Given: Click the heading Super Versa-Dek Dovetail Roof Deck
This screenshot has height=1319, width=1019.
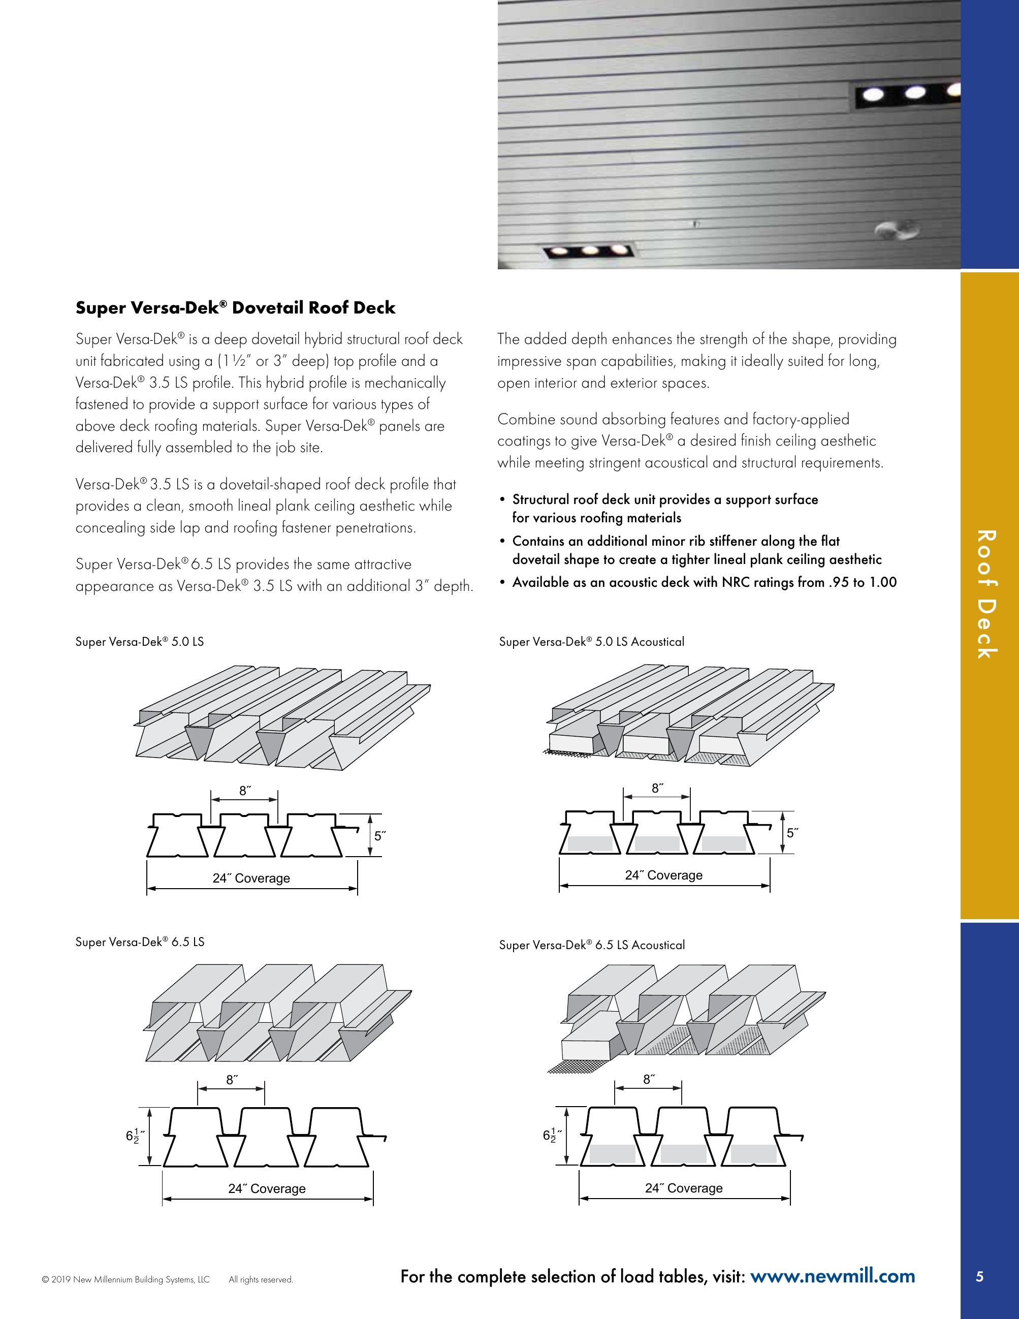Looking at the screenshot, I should pos(235,307).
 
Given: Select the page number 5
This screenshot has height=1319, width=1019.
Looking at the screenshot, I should pos(979,1276).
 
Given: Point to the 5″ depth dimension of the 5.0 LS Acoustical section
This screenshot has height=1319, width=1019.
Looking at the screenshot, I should pos(792,832).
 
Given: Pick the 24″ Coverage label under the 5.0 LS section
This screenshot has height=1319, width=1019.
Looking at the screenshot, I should pos(251,878).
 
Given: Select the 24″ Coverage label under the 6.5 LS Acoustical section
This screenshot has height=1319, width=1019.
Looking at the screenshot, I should pos(683,1188).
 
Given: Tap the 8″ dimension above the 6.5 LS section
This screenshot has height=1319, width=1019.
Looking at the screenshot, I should pos(232,1079).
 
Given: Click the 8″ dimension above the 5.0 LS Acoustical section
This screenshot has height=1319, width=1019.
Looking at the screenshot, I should pos(657,788).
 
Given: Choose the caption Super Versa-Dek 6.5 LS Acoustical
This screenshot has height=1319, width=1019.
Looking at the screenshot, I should pos(592,945).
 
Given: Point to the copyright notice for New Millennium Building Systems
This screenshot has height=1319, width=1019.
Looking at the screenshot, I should pos(125,1279).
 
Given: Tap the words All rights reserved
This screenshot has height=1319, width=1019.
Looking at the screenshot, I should pos(261,1279).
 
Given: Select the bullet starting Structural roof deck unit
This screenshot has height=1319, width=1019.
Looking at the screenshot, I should pos(664,508).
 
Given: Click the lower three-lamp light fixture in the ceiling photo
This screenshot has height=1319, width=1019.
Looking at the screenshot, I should pos(589,250).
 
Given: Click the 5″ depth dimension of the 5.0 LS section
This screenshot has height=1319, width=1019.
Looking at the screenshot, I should pos(379,836).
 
